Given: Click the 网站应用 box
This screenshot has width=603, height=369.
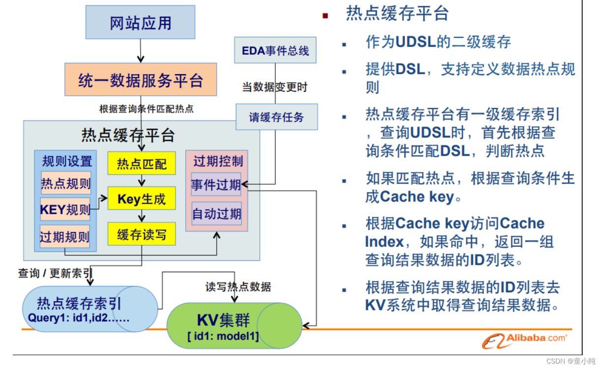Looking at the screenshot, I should [140, 22].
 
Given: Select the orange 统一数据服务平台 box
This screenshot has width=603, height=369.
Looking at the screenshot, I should [141, 80].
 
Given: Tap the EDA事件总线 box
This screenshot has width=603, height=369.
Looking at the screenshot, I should [275, 50].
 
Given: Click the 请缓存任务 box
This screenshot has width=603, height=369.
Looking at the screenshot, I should [276, 117].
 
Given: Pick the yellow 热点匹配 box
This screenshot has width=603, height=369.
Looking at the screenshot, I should [142, 164].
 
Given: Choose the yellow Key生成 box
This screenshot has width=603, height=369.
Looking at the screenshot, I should [142, 199].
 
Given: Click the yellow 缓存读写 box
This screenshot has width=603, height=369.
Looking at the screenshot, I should [142, 234].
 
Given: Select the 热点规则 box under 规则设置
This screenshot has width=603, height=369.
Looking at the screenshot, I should [65, 183].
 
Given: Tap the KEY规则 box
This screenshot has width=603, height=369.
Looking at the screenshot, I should [65, 210].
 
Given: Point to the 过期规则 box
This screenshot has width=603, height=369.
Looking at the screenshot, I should [65, 237].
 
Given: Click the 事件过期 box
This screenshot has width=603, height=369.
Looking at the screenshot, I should [216, 184].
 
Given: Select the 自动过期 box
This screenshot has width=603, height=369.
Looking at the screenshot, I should [216, 213].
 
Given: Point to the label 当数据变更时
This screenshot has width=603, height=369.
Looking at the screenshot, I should [275, 87].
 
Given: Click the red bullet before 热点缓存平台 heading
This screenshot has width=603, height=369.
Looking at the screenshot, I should [325, 16].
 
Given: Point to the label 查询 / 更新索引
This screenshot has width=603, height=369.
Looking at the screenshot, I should [55, 273].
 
